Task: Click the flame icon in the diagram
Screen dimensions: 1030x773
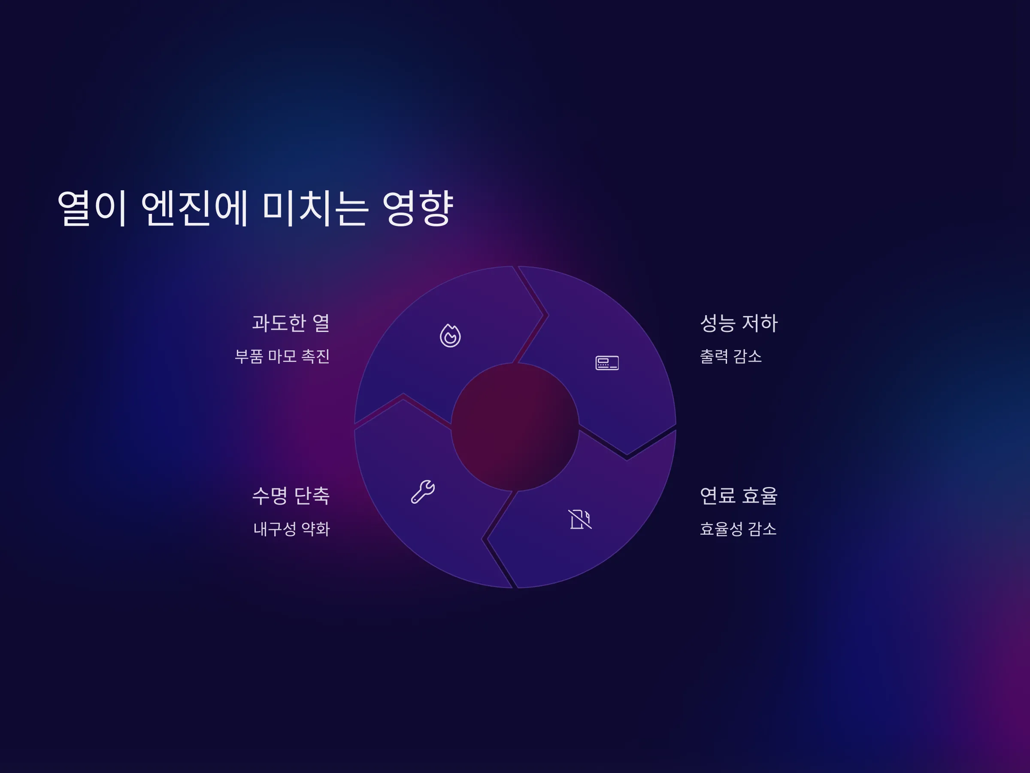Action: [450, 335]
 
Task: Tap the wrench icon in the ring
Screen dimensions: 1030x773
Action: [423, 492]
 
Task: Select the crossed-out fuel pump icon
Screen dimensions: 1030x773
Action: [580, 519]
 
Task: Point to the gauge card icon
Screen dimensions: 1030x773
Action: [607, 363]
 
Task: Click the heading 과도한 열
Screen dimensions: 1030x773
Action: [291, 323]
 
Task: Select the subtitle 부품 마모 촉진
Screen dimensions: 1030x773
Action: [282, 356]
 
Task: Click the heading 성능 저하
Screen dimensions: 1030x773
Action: [739, 323]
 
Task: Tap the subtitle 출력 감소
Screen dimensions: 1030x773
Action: [730, 356]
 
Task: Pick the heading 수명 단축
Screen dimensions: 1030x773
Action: [291, 495]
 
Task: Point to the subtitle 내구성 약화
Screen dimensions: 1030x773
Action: [291, 529]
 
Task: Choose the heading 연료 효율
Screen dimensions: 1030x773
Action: [739, 495]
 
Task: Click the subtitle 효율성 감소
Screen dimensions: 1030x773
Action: [738, 529]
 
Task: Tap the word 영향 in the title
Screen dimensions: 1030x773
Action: [418, 208]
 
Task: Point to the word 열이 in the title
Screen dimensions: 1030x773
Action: [92, 208]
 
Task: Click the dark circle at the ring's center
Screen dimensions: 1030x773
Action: [515, 427]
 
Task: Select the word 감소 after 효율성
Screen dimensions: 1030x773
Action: [762, 529]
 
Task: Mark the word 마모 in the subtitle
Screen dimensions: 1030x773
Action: [282, 356]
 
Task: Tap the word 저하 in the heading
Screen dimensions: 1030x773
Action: [760, 323]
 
